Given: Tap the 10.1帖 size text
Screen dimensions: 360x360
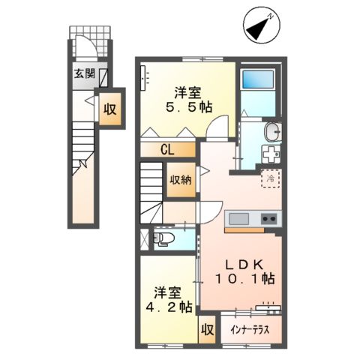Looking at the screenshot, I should point(244,278).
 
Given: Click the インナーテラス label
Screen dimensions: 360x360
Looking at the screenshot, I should point(250,329).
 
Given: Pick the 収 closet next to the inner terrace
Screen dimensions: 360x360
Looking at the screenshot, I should point(205,328).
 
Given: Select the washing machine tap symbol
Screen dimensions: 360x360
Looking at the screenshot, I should point(268,152).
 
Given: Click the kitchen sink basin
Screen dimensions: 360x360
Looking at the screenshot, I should point(238,219).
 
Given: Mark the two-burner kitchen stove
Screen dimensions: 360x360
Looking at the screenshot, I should point(268,219).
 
